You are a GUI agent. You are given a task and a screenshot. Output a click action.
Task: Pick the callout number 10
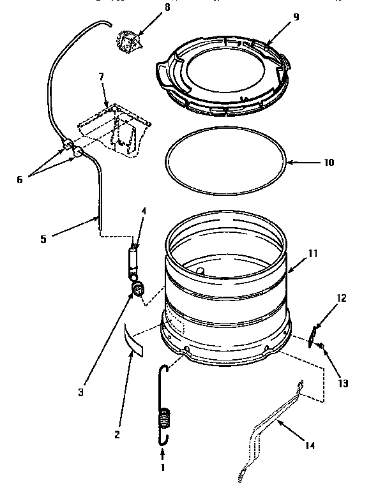328,162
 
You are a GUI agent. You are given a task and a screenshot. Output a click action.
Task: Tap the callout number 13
343,383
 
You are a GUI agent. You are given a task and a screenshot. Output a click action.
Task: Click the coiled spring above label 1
165,422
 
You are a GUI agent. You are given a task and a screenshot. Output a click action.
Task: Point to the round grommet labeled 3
137,290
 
